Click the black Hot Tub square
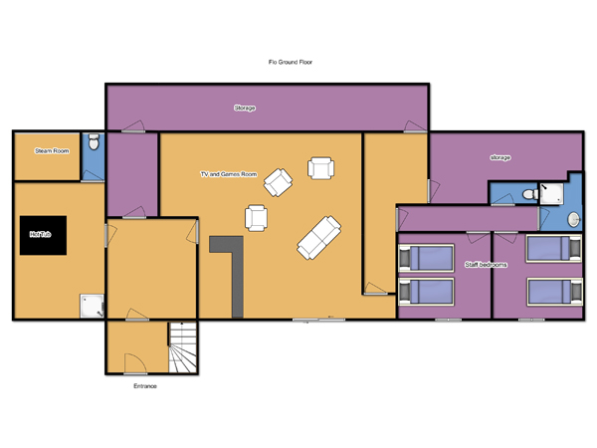coord(43,235)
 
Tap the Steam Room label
coord(52,151)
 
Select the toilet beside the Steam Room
coord(94,141)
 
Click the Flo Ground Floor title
coord(291,62)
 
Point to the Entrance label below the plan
coord(145,386)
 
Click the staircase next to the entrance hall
coord(183,347)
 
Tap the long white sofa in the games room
coord(319,238)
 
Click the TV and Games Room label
coord(229,174)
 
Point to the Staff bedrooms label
coord(486,265)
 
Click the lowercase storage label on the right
coord(500,157)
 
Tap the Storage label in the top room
coord(245,109)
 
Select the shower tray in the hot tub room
coord(92,306)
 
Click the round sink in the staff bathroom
coord(573,220)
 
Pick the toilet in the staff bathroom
coord(530,194)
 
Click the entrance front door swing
coord(135,363)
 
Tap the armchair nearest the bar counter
coord(257,218)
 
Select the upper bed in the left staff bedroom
coord(426,258)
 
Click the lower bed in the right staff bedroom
coord(555,292)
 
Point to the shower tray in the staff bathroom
coord(551,194)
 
